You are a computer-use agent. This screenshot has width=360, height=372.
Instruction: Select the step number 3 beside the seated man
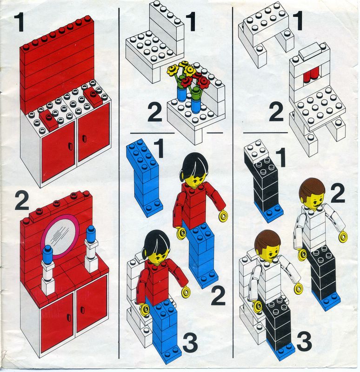tap(304, 341)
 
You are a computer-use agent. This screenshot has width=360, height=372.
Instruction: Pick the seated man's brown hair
tap(267, 239)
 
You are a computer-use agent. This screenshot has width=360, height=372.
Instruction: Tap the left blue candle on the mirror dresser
tap(47, 253)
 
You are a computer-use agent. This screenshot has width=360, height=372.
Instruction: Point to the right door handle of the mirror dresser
tap(82, 310)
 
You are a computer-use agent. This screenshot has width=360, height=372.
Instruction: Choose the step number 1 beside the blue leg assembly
tap(159, 148)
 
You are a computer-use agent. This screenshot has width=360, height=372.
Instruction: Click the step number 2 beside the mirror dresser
tap(22, 201)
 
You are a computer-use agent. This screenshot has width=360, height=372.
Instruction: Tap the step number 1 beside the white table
tap(298, 21)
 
